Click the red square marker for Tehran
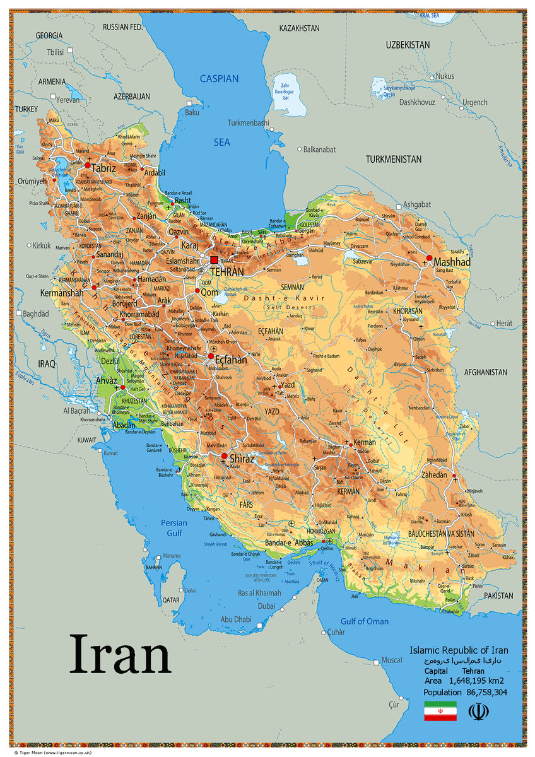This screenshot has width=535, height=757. point(214,260)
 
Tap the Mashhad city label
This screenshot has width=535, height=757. point(452,261)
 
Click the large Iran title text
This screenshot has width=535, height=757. point(120,654)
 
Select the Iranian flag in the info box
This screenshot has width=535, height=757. point(440,711)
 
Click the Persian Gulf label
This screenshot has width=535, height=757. point(173,528)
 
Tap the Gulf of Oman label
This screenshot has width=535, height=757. point(365,621)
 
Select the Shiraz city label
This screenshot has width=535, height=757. point(242,459)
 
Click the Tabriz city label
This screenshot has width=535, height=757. point(103,168)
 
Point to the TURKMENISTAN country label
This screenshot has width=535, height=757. point(393,159)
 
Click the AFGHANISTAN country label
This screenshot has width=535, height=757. point(485,372)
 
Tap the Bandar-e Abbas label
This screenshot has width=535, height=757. point(289,543)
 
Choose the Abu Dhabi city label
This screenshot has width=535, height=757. point(235,619)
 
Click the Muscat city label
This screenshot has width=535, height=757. point(392,660)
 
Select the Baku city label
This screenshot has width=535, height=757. point(192,112)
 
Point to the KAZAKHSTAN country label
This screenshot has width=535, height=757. point(299,28)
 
